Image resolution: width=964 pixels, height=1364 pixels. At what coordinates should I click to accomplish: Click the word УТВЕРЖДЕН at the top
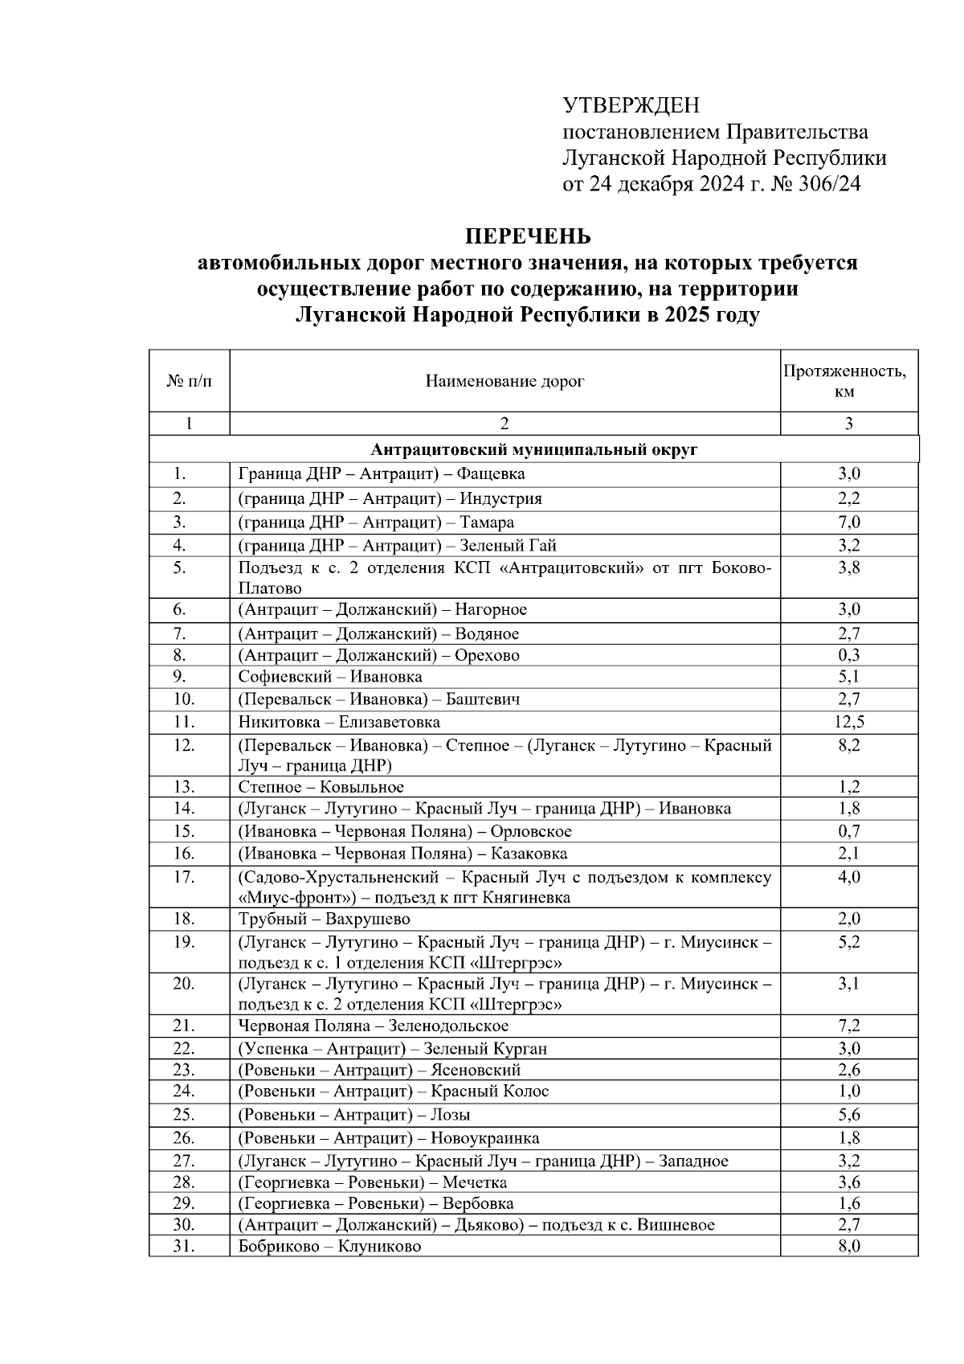pyautogui.click(x=631, y=105)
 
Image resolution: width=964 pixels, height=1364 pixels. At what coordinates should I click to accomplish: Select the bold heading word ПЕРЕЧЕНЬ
pyautogui.click(x=528, y=236)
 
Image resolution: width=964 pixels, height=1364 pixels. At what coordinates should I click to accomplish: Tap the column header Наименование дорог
pyautogui.click(x=504, y=381)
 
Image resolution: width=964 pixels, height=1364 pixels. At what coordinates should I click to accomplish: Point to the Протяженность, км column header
pyautogui.click(x=849, y=381)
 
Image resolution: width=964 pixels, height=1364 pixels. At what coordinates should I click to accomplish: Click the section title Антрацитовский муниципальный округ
pyautogui.click(x=533, y=449)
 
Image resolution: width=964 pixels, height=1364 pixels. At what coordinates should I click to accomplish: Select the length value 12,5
pyautogui.click(x=849, y=722)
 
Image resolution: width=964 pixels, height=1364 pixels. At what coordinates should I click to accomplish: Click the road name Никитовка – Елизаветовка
pyautogui.click(x=339, y=722)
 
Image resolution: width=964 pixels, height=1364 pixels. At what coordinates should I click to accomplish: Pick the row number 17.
pyautogui.click(x=184, y=877)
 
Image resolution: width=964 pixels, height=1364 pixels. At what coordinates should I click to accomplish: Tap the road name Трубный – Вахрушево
pyautogui.click(x=324, y=919)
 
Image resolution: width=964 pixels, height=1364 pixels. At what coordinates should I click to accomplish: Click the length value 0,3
pyautogui.click(x=849, y=655)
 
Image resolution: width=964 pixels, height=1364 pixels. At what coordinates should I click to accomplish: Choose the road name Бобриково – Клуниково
pyautogui.click(x=329, y=1247)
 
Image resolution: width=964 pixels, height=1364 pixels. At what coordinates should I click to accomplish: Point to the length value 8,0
pyautogui.click(x=849, y=1247)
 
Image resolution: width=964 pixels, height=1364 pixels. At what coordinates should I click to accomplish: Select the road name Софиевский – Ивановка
pyautogui.click(x=330, y=677)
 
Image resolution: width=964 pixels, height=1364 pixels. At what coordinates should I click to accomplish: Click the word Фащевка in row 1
pyautogui.click(x=492, y=474)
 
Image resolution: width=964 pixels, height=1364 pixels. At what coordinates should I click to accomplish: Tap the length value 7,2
pyautogui.click(x=849, y=1026)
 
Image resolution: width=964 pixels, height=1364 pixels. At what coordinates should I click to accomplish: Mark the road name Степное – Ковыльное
pyautogui.click(x=321, y=787)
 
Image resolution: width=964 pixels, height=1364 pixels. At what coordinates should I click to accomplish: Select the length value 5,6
pyautogui.click(x=849, y=1115)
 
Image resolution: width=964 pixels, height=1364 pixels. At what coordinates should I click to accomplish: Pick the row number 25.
pyautogui.click(x=184, y=1115)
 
